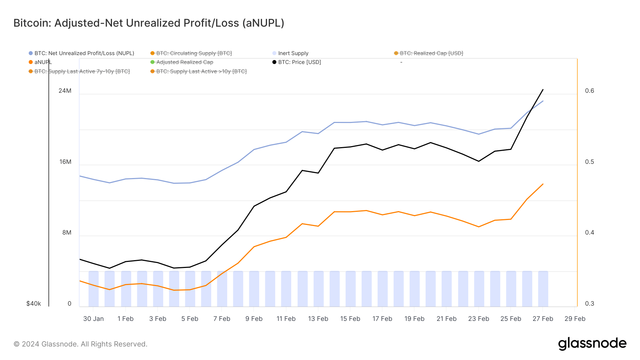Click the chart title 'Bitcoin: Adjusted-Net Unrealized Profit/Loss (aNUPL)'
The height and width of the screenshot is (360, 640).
point(149,23)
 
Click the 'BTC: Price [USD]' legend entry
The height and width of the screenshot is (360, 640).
point(299,62)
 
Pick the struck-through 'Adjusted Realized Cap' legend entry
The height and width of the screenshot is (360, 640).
point(185,62)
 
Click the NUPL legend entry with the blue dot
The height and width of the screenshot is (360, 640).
point(84,53)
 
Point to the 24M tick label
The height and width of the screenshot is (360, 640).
point(65,91)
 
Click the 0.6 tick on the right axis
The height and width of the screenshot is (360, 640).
point(589,91)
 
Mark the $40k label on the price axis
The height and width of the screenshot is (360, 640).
point(34,303)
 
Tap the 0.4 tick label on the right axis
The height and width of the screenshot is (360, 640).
point(589,232)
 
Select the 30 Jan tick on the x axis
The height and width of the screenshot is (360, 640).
point(94,319)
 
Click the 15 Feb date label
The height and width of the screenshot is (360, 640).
point(350,319)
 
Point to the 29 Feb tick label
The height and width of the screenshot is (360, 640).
point(575,319)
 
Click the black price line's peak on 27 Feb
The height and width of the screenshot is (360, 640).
point(543,90)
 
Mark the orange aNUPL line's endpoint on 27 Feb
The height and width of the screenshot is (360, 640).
point(543,184)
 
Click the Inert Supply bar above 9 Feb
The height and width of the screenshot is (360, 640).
point(254,289)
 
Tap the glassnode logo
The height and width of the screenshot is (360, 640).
point(592,344)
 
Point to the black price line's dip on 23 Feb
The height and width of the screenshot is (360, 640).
point(479,161)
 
